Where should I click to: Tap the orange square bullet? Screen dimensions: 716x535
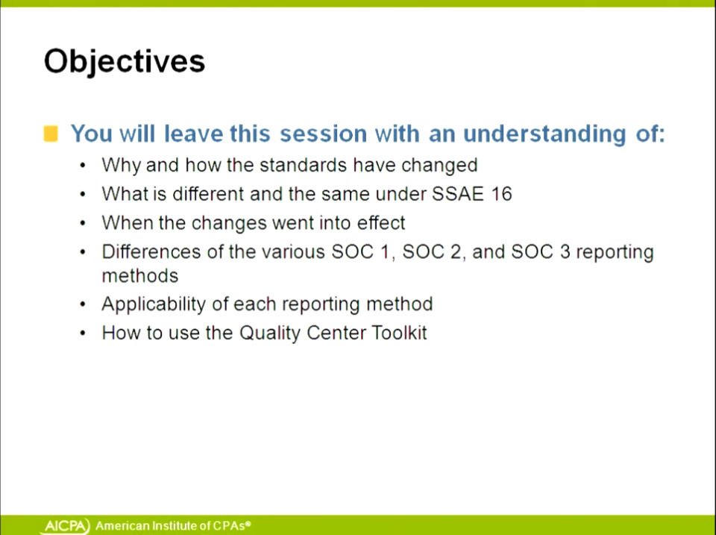pyautogui.click(x=51, y=134)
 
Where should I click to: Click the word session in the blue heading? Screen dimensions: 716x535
pyautogui.click(x=323, y=134)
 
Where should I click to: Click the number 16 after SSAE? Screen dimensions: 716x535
pyautogui.click(x=501, y=194)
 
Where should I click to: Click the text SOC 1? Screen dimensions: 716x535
pyautogui.click(x=362, y=251)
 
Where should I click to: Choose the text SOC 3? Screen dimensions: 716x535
pyautogui.click(x=541, y=251)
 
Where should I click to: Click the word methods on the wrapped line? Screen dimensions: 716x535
pyautogui.click(x=140, y=276)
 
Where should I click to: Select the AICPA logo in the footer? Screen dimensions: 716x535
pyautogui.click(x=66, y=526)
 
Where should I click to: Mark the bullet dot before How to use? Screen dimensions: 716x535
pyautogui.click(x=83, y=333)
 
